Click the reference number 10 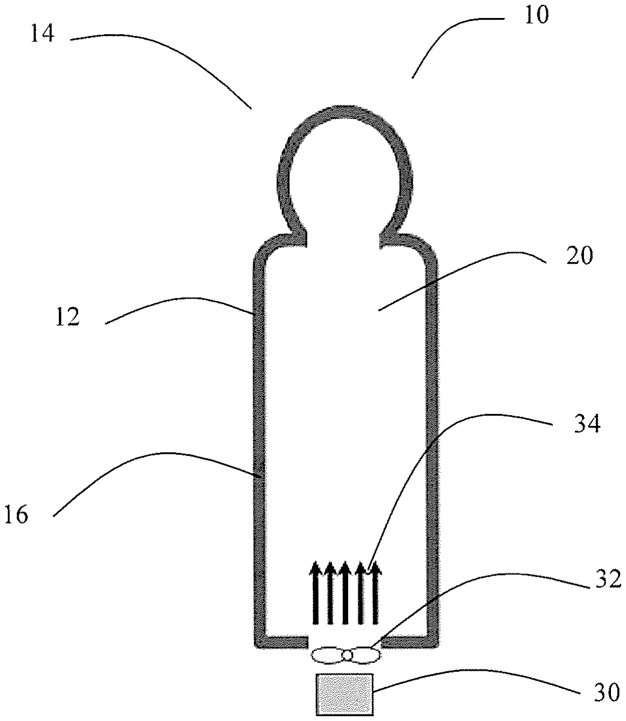click(537, 15)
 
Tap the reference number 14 click(43, 34)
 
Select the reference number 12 click(68, 316)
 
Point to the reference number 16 click(16, 515)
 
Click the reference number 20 click(580, 255)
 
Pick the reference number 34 click(587, 423)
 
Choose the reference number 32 click(608, 579)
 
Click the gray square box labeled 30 click(344, 694)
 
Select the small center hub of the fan click(347, 655)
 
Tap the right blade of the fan click(366, 655)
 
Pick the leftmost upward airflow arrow click(315, 593)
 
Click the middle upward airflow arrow click(345, 593)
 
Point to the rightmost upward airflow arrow click(375, 593)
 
